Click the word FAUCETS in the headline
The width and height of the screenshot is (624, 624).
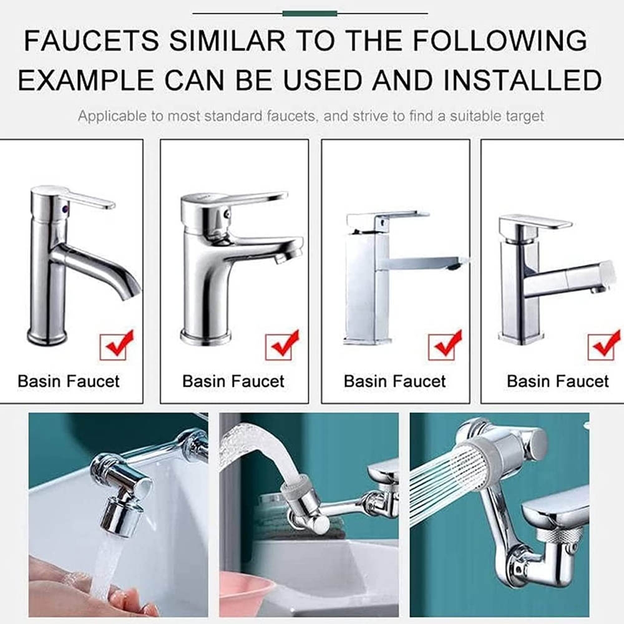(x=91, y=40)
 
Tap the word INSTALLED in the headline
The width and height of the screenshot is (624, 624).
(x=522, y=80)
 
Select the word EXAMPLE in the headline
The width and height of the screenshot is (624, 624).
(x=86, y=80)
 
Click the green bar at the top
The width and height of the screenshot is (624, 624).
(x=310, y=14)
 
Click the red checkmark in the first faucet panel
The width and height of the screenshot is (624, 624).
(x=117, y=344)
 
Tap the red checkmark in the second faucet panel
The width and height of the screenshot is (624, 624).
(x=282, y=344)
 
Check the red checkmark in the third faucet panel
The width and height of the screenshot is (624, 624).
(x=446, y=344)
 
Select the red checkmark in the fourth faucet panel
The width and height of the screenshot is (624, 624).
(x=604, y=344)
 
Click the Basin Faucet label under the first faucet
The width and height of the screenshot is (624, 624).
(x=69, y=381)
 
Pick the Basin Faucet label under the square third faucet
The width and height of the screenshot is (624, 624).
(x=395, y=381)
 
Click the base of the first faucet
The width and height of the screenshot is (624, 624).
(x=47, y=336)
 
